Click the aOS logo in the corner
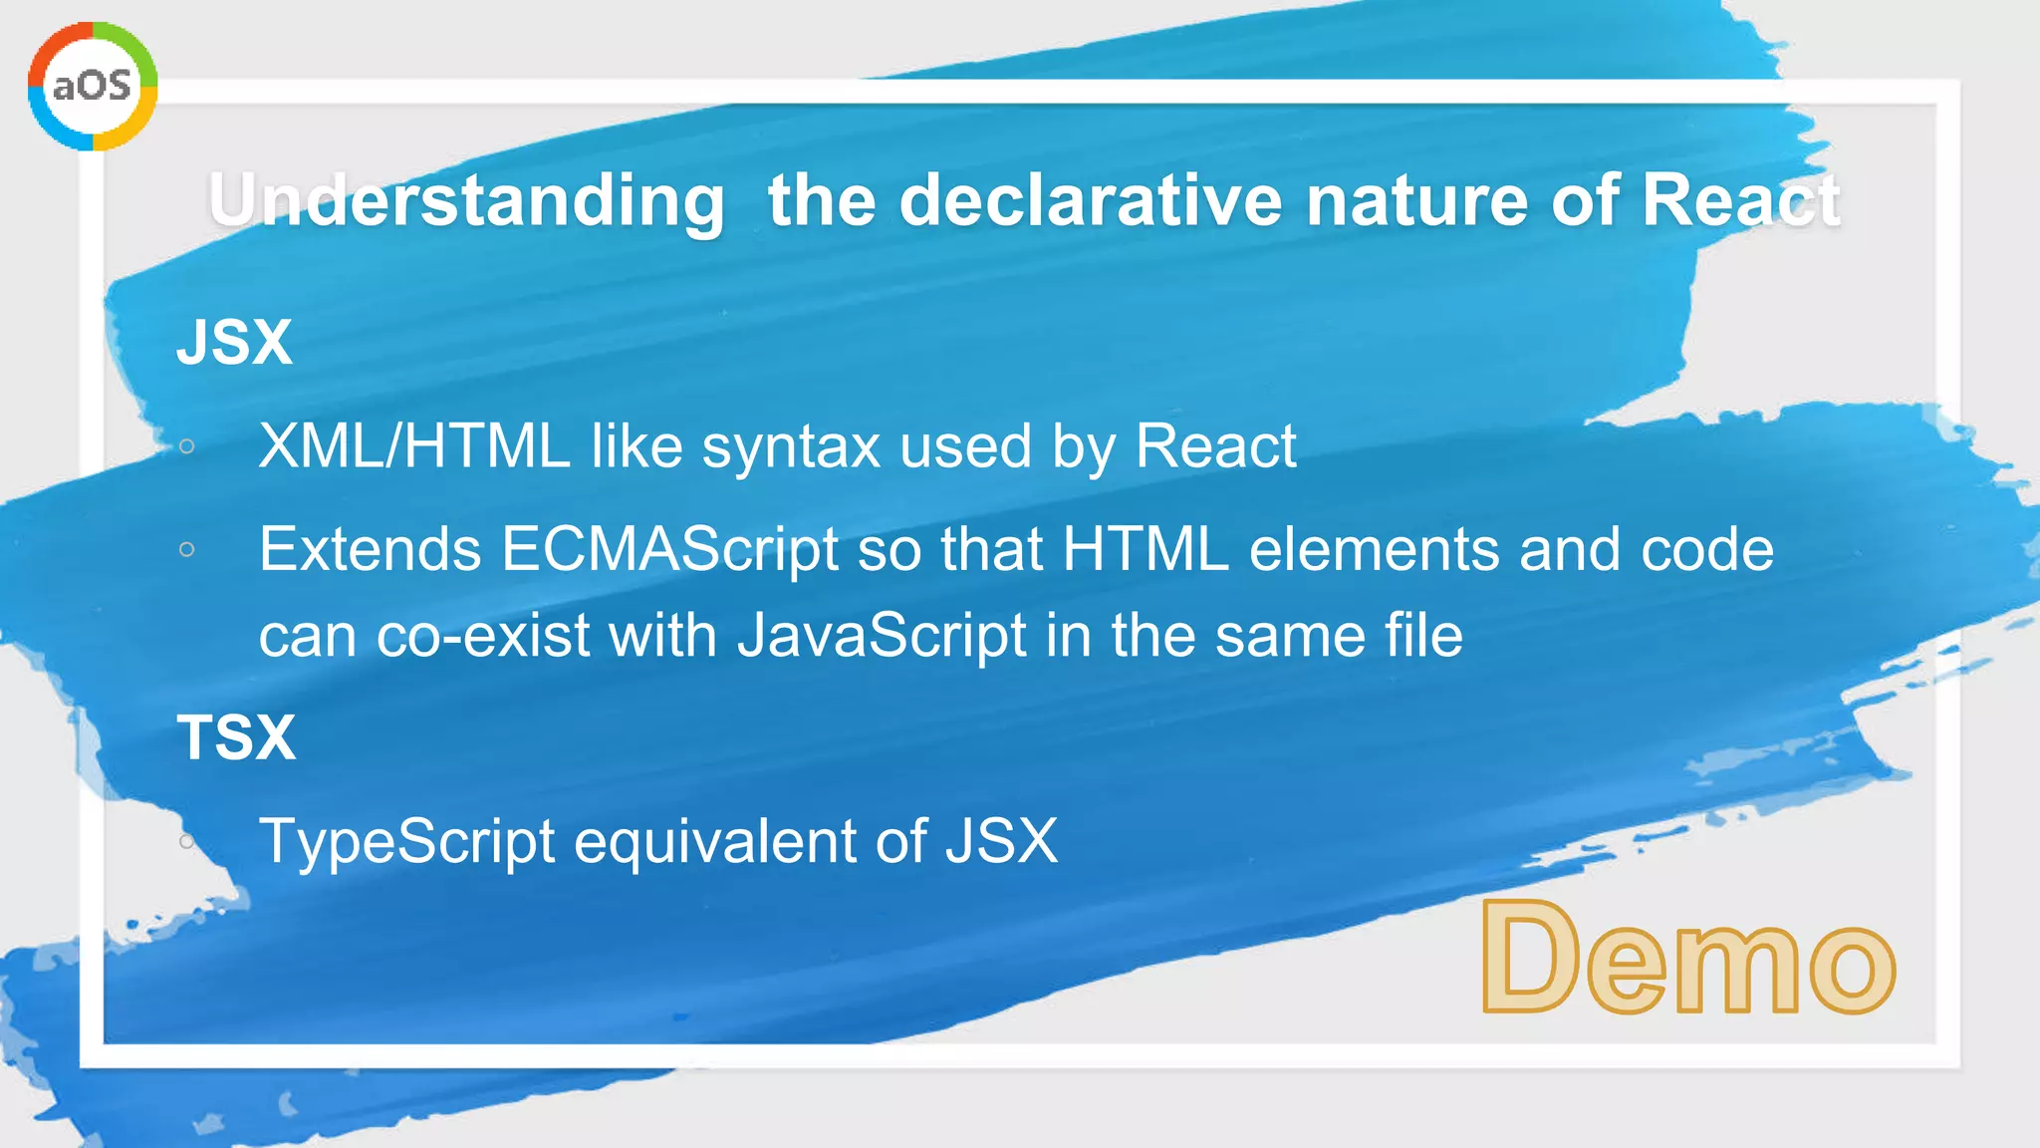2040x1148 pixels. pyautogui.click(x=92, y=86)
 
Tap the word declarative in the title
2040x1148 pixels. pyautogui.click(x=1090, y=200)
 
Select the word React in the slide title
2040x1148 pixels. pyautogui.click(x=1739, y=200)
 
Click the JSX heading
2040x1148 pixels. pyautogui.click(x=235, y=342)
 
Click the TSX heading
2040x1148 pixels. pyautogui.click(x=236, y=737)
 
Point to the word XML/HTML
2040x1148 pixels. pyautogui.click(x=413, y=445)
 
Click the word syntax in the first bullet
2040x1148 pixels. pyautogui.click(x=791, y=447)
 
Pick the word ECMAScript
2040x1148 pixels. pyautogui.click(x=669, y=549)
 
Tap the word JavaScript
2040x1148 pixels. pyautogui.click(x=882, y=636)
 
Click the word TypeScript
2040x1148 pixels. pyautogui.click(x=406, y=841)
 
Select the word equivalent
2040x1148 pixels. pyautogui.click(x=714, y=841)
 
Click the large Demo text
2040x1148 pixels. pyautogui.click(x=1687, y=959)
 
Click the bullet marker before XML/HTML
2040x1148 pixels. pyautogui.click(x=186, y=446)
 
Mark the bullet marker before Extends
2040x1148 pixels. pyautogui.click(x=186, y=549)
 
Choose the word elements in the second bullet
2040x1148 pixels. pyautogui.click(x=1374, y=549)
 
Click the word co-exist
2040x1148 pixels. pyautogui.click(x=483, y=636)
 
